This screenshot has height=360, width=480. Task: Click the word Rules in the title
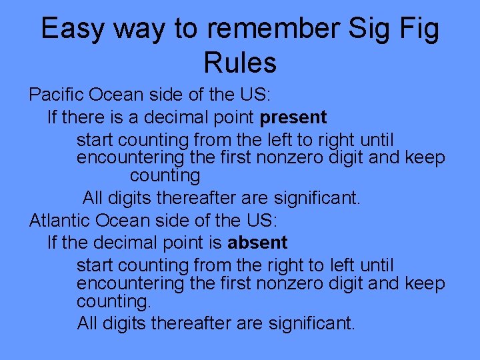(240, 63)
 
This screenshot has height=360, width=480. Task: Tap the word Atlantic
(59, 219)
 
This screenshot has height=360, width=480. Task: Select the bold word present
(293, 119)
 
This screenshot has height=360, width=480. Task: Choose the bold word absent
(257, 243)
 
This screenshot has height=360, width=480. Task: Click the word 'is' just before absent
(215, 243)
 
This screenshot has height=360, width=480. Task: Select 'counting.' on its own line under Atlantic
(114, 301)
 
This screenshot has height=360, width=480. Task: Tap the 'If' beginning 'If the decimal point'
(52, 243)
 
